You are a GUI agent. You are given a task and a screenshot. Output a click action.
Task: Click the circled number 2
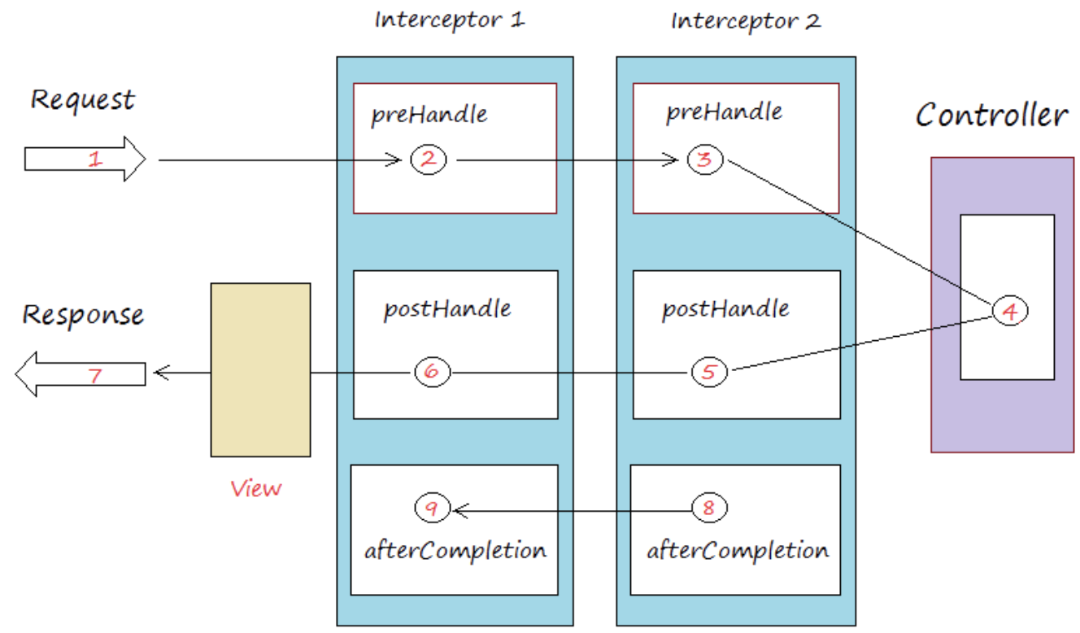(x=429, y=159)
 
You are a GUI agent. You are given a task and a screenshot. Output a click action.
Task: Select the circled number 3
(x=705, y=159)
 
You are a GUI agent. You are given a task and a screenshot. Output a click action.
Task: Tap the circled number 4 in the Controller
(x=1010, y=311)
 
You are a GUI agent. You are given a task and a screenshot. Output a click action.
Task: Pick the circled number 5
(x=709, y=372)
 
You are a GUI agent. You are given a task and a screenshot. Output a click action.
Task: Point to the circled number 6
(x=433, y=372)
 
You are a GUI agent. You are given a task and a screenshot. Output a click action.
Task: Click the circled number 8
(x=709, y=508)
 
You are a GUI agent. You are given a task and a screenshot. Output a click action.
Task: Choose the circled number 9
(x=433, y=508)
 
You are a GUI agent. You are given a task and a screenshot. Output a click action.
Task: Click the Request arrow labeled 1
(x=85, y=159)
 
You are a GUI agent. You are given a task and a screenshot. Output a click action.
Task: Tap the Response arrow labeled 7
(x=81, y=374)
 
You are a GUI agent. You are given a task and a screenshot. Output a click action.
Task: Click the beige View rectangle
(x=261, y=370)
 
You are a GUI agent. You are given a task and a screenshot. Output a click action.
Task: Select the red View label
(x=256, y=489)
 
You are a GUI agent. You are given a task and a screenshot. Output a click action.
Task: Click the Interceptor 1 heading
(x=450, y=20)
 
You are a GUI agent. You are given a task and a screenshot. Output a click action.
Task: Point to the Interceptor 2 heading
(x=746, y=21)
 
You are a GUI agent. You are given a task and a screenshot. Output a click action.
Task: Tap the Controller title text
(x=992, y=115)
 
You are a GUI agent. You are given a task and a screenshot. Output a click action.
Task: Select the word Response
(x=83, y=316)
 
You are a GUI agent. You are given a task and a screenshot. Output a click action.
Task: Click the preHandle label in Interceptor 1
(x=429, y=116)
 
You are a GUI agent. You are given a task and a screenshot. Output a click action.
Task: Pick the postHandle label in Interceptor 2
(x=725, y=310)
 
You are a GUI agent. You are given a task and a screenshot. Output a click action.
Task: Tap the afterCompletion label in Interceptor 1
(x=455, y=551)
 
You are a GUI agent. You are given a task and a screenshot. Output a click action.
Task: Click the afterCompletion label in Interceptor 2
(x=738, y=551)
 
